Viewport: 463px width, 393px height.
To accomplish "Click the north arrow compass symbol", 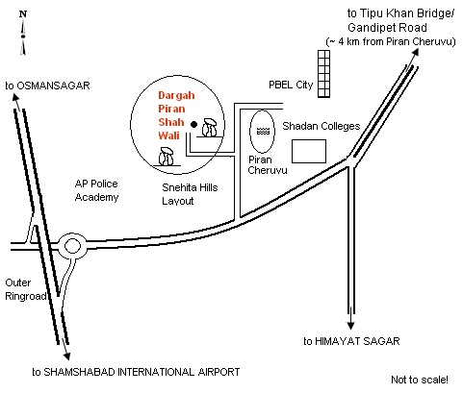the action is pyautogui.click(x=23, y=33).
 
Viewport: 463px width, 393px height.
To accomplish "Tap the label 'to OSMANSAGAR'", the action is pyautogui.click(x=47, y=86).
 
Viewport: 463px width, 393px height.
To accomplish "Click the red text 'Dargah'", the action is pyautogui.click(x=176, y=95).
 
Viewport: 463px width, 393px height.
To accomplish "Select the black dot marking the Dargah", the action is pyautogui.click(x=193, y=124).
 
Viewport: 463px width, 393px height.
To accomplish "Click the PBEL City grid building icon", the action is pyautogui.click(x=323, y=74).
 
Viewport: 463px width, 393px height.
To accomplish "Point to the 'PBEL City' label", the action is pyautogui.click(x=291, y=85).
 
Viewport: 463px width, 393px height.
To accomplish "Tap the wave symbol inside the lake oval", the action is pyautogui.click(x=263, y=131).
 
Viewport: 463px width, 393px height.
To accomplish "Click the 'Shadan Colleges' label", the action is pyautogui.click(x=322, y=126).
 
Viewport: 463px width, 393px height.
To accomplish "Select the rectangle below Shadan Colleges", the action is pyautogui.click(x=309, y=151).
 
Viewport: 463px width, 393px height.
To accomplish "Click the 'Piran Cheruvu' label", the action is pyautogui.click(x=268, y=164).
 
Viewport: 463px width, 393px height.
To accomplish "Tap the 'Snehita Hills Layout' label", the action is pyautogui.click(x=190, y=194).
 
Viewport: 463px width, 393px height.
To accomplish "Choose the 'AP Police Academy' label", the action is pyautogui.click(x=96, y=190).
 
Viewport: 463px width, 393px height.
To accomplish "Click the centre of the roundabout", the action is pyautogui.click(x=72, y=246).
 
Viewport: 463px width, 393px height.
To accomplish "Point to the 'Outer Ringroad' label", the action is pyautogui.click(x=26, y=289).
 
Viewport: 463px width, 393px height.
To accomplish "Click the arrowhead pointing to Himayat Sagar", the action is pyautogui.click(x=350, y=326).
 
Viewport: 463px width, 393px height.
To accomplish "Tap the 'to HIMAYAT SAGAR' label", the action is pyautogui.click(x=351, y=341).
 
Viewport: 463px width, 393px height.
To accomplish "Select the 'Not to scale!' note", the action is pyautogui.click(x=420, y=380).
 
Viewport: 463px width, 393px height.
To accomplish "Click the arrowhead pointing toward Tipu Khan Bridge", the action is pyautogui.click(x=415, y=53).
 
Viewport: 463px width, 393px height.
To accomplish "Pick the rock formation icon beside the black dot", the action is pyautogui.click(x=210, y=128).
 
